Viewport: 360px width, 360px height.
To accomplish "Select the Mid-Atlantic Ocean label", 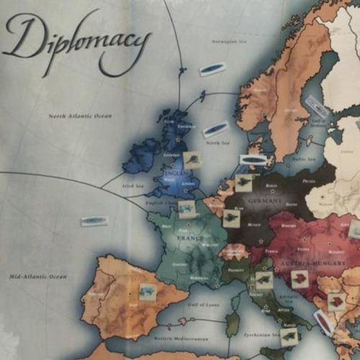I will [37, 276].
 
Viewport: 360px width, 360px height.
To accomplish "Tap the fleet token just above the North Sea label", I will [214, 130].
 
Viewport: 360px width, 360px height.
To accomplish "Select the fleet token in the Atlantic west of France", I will [94, 220].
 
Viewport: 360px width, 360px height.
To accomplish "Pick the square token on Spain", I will [148, 291].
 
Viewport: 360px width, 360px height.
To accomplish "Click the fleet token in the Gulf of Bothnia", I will [315, 107].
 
